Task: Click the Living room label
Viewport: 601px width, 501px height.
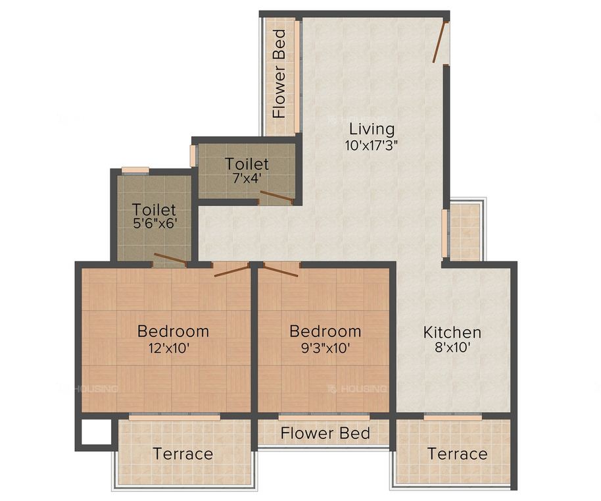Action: (372, 128)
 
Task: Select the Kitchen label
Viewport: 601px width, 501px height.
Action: (452, 332)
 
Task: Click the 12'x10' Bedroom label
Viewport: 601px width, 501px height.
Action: (173, 330)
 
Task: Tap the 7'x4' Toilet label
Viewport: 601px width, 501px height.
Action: (247, 163)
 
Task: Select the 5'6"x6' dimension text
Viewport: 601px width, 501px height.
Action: (154, 224)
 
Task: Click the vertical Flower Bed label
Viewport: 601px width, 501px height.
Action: (279, 74)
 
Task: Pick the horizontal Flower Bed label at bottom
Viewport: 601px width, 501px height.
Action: (325, 434)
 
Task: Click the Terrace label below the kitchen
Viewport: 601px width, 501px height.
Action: (457, 454)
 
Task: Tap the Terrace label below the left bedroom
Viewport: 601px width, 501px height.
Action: (183, 454)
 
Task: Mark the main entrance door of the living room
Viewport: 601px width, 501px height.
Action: (440, 41)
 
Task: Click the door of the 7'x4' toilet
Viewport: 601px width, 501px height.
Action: (276, 196)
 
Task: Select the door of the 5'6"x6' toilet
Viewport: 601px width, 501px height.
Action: (170, 259)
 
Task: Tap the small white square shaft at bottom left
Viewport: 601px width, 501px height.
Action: (94, 433)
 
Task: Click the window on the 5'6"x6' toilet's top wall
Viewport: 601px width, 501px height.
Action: (135, 171)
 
